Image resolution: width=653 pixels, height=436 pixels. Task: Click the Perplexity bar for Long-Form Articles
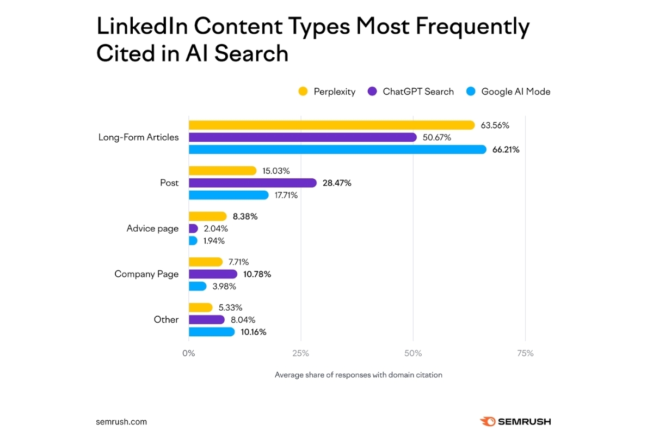coord(331,125)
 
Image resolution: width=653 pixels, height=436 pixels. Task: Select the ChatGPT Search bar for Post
coord(252,183)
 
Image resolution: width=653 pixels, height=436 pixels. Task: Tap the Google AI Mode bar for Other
coord(212,331)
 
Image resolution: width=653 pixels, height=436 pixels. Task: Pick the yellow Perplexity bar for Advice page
coord(207,216)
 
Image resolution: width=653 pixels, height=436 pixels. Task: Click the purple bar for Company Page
coord(213,274)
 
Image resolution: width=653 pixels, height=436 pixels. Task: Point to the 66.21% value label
coord(506,149)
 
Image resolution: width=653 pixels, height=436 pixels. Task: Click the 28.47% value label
coord(337,183)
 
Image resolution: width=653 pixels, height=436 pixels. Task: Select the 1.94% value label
coord(214,240)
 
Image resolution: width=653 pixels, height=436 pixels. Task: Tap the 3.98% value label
coord(223,286)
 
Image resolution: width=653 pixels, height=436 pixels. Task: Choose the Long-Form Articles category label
coord(138,137)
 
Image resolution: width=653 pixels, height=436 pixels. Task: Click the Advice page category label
coord(152,228)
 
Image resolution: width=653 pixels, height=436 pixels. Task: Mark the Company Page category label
coord(146,274)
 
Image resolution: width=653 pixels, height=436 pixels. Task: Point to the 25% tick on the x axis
coord(300,353)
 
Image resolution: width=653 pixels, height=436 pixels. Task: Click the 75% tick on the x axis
coord(525,353)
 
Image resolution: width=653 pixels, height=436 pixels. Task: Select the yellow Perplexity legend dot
coord(303,92)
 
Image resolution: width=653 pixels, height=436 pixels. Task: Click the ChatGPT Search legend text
coord(418,92)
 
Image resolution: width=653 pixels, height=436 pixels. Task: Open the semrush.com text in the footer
coord(121,421)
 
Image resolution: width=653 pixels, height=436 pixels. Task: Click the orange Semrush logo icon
coord(488,421)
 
